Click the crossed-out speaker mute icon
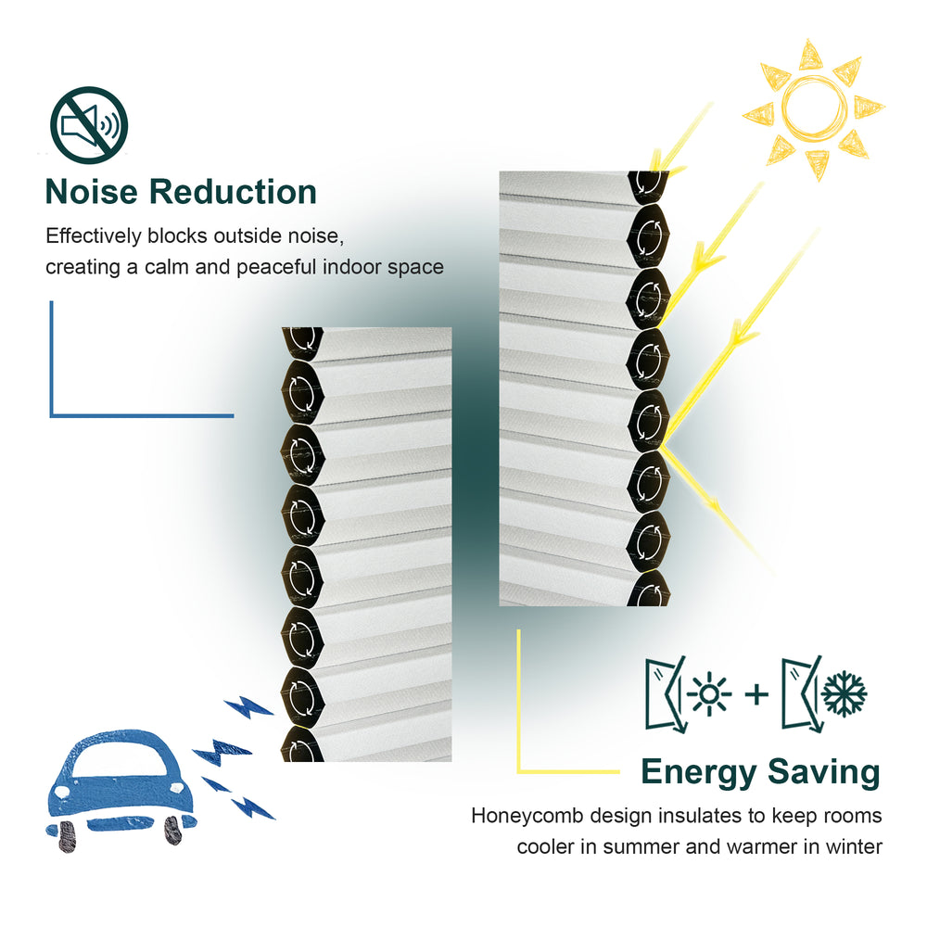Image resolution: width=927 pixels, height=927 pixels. click(89, 125)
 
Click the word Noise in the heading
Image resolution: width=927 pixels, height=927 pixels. click(91, 192)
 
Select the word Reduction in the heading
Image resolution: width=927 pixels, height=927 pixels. click(233, 192)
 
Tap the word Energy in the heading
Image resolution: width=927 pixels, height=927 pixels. click(699, 773)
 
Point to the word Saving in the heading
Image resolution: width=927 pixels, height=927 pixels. click(823, 773)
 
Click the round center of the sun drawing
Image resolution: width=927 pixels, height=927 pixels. click(814, 108)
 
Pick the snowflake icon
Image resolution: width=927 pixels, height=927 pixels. click(844, 692)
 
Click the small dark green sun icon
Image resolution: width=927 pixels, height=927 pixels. click(709, 693)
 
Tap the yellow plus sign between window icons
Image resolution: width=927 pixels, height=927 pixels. click(756, 694)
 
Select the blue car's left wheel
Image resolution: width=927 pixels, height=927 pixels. click(67, 836)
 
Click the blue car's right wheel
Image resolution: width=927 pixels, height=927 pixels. click(173, 830)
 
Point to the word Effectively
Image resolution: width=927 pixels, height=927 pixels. click(94, 236)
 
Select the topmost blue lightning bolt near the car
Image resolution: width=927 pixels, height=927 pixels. click(248, 706)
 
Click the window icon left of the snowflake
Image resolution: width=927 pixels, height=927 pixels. click(802, 693)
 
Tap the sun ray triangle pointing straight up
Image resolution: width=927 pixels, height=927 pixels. click(811, 55)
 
